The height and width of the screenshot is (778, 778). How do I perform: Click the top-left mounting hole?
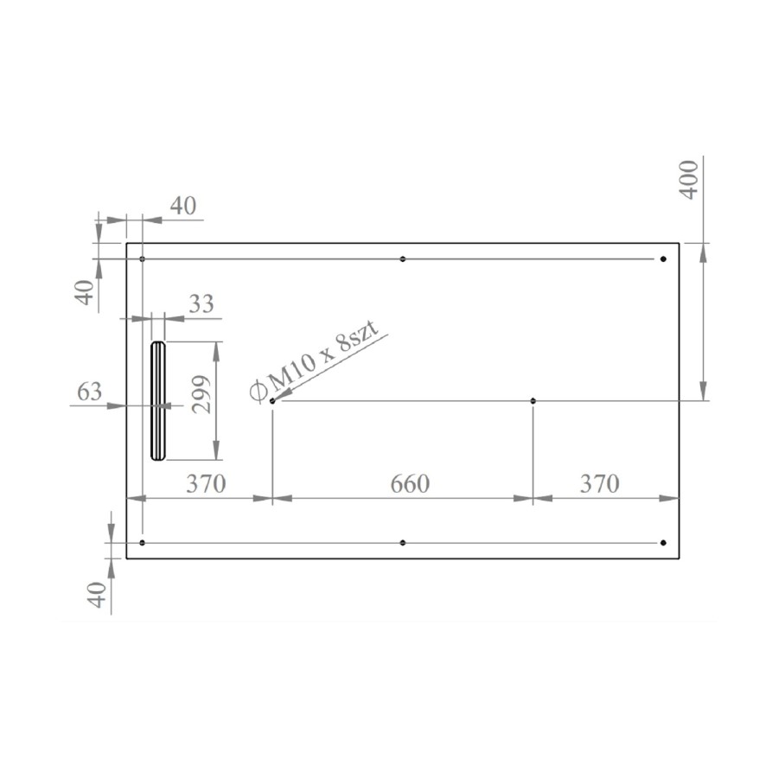pyautogui.click(x=143, y=259)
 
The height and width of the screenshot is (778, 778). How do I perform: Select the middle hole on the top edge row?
pyautogui.click(x=403, y=259)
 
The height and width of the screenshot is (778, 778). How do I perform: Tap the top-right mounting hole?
pyautogui.click(x=663, y=259)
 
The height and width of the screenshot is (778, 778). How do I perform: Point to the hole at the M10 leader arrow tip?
pyautogui.click(x=273, y=401)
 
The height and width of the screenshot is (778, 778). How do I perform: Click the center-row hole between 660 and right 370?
pyautogui.click(x=533, y=401)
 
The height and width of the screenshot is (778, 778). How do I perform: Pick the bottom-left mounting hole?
pyautogui.click(x=143, y=543)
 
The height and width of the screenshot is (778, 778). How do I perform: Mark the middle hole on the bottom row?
pyautogui.click(x=403, y=543)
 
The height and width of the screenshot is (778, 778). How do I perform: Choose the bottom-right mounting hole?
pyautogui.click(x=663, y=543)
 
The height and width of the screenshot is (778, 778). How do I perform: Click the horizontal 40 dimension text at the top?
pyautogui.click(x=182, y=206)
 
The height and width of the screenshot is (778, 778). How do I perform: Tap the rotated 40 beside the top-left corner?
pyautogui.click(x=84, y=291)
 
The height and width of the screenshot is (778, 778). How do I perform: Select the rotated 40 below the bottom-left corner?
pyautogui.click(x=98, y=595)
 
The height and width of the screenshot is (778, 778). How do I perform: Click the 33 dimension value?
pyautogui.click(x=201, y=304)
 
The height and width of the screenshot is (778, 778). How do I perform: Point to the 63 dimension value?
pyautogui.click(x=90, y=392)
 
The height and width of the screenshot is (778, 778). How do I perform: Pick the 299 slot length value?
pyautogui.click(x=201, y=394)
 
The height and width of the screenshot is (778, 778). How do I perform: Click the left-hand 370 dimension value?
pyautogui.click(x=207, y=484)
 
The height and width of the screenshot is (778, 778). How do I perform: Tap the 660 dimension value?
pyautogui.click(x=409, y=484)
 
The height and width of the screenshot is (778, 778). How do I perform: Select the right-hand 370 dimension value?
pyautogui.click(x=599, y=484)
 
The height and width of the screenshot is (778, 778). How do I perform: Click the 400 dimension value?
pyautogui.click(x=689, y=180)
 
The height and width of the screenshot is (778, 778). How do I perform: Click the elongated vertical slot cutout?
pyautogui.click(x=157, y=400)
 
